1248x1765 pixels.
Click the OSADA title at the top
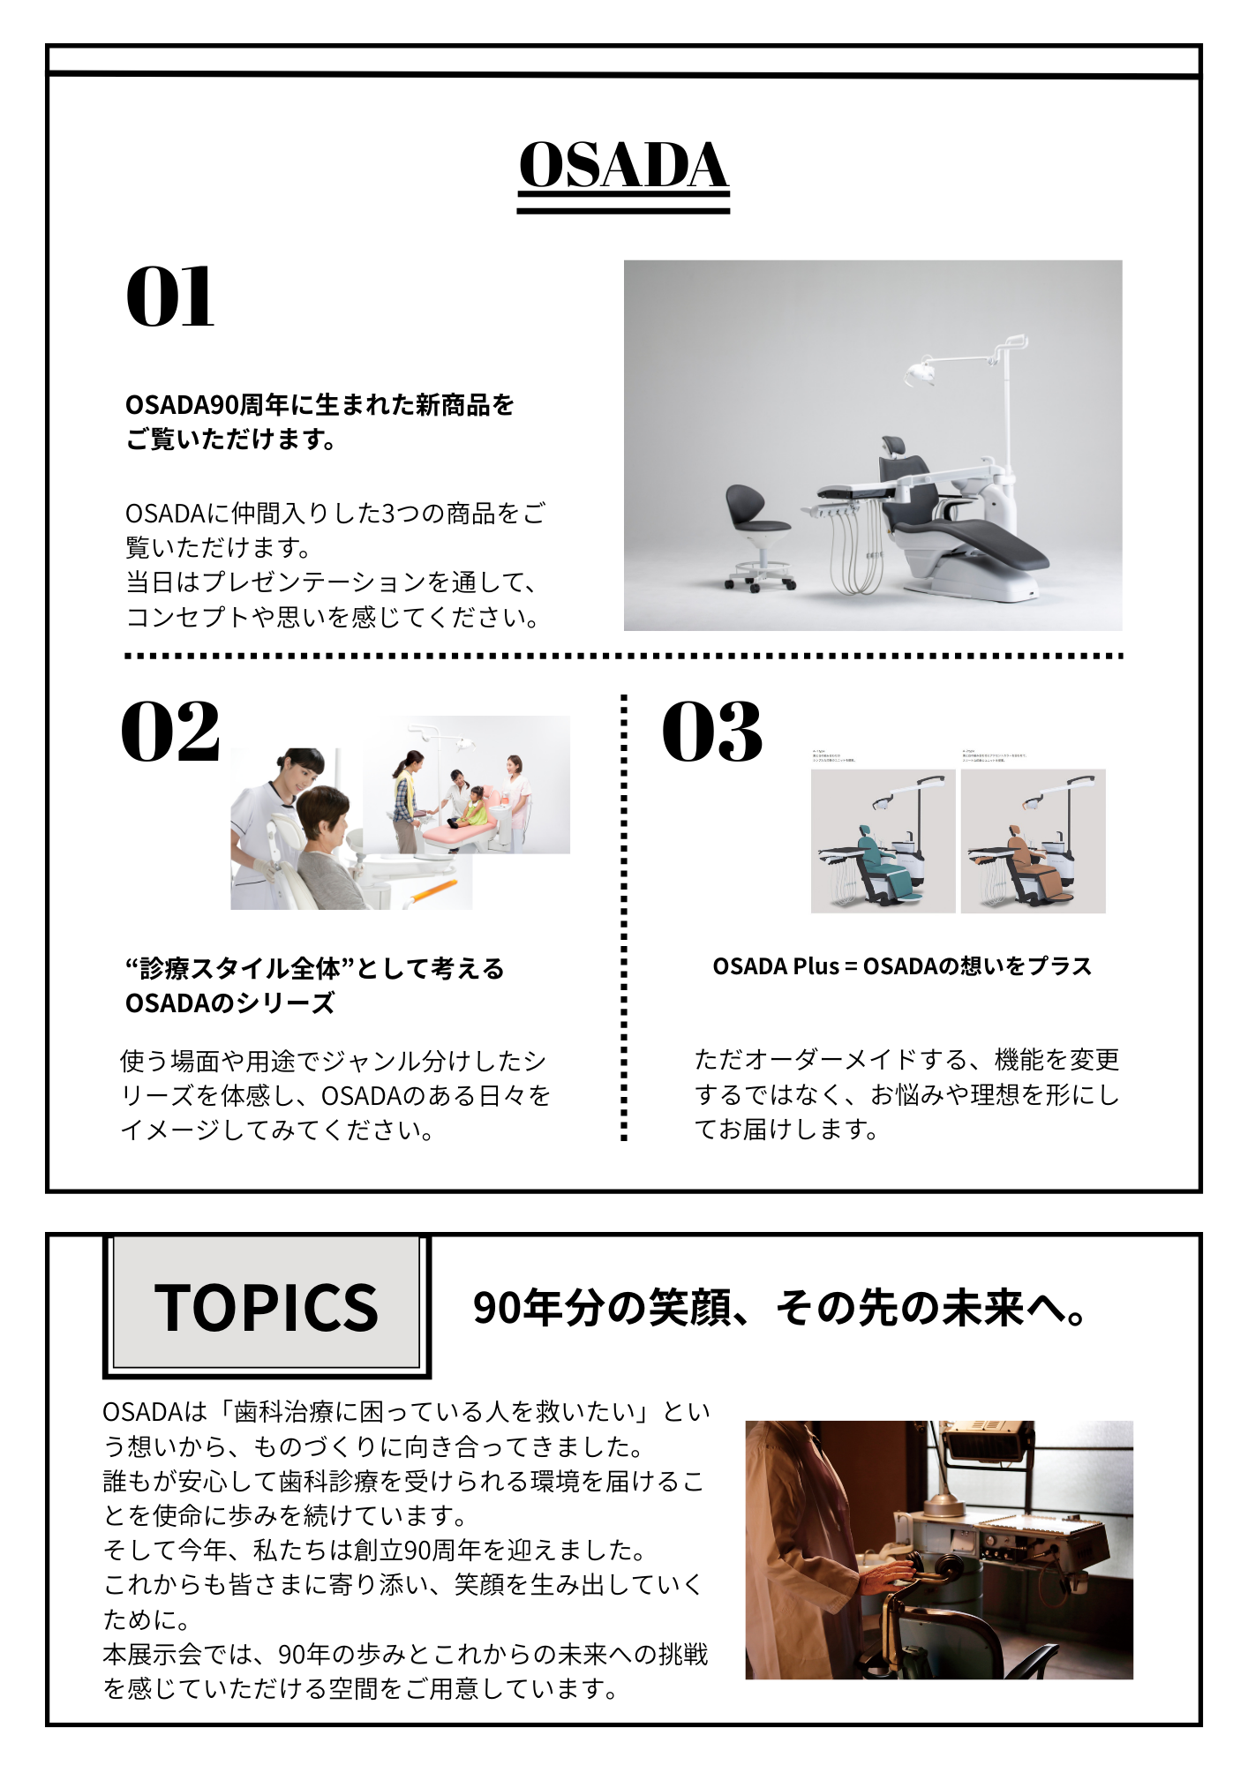click(x=623, y=165)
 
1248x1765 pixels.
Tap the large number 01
click(x=170, y=297)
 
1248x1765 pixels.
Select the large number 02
click(x=170, y=732)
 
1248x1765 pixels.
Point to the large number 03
click(x=711, y=732)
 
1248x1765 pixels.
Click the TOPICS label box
click(x=266, y=1307)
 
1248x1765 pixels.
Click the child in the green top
click(x=477, y=803)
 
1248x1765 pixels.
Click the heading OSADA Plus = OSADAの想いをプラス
click(x=901, y=966)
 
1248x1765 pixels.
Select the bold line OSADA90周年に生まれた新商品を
click(x=320, y=405)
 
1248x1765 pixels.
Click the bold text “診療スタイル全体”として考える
click(x=314, y=969)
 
